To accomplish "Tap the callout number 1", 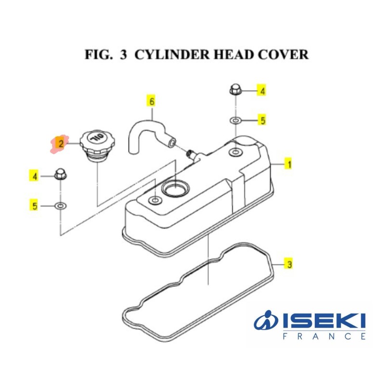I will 289,165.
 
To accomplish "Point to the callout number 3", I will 289,264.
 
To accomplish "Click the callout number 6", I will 152,102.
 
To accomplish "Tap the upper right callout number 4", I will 263,90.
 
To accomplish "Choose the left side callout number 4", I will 35,177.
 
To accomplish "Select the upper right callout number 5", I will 263,120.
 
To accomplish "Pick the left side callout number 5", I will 35,206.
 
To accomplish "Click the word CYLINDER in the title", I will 166,54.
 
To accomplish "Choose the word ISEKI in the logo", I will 324,321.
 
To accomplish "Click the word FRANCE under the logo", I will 324,336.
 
